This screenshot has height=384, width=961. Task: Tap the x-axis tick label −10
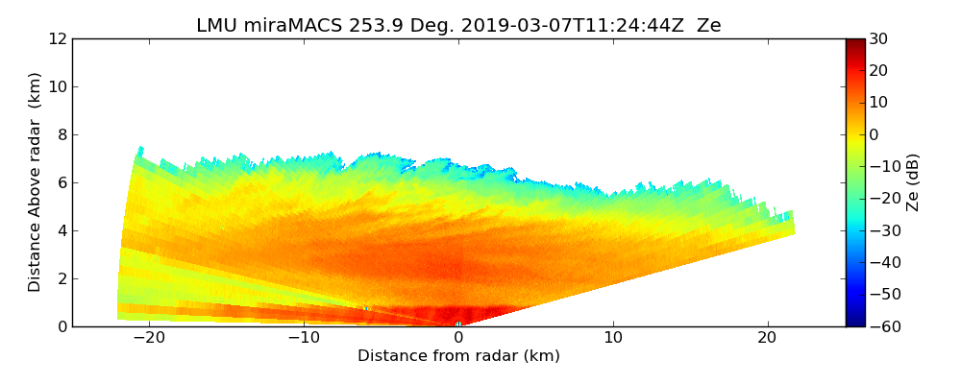[x=303, y=338]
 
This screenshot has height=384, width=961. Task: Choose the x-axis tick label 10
[x=613, y=338]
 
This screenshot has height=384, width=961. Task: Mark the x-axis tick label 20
[x=768, y=338]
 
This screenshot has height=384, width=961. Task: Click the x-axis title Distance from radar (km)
[x=458, y=356]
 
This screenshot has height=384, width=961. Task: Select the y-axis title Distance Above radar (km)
[x=36, y=182]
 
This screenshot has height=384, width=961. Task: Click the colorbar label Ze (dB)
[x=913, y=182]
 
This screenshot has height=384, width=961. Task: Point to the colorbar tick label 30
[x=877, y=38]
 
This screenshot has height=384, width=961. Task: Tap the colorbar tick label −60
[x=881, y=325]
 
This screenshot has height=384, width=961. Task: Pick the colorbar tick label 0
[x=874, y=134]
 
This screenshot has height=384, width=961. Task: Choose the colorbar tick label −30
[x=881, y=230]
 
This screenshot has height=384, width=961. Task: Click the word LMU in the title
[x=215, y=26]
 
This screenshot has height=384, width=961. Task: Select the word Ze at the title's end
[x=708, y=26]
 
